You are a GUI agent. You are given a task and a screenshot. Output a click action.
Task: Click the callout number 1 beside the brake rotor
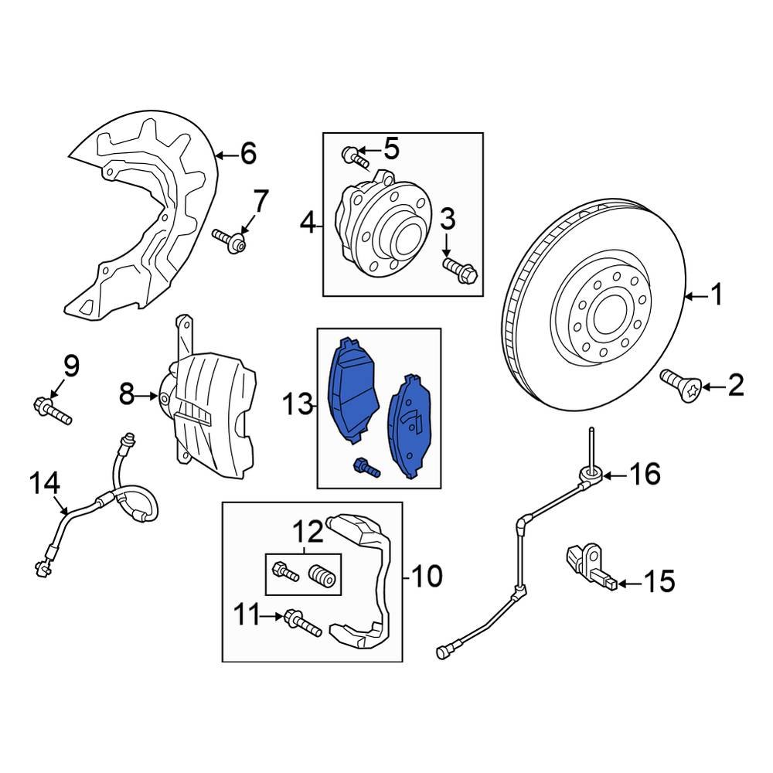[717, 295]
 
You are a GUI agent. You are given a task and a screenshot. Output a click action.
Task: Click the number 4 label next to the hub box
[308, 225]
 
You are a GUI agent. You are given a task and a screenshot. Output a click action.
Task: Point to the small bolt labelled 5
[355, 156]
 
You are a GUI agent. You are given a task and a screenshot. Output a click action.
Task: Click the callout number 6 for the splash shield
[248, 155]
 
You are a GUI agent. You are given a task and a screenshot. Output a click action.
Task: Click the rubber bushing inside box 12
[323, 577]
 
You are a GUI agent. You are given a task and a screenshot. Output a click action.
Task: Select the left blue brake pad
[353, 390]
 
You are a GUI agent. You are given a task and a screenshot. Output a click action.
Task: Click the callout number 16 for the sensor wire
[645, 474]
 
